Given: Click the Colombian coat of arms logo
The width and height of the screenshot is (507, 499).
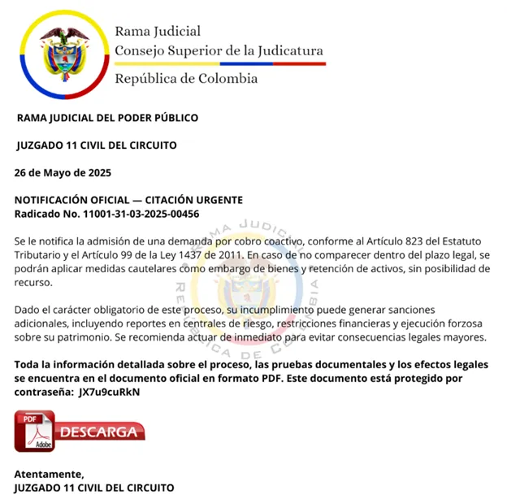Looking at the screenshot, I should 66,54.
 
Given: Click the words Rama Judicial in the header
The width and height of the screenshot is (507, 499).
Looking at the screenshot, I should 158,32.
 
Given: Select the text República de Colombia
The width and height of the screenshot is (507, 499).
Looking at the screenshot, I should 186,79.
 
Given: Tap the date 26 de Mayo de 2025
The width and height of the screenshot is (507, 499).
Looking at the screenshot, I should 63,173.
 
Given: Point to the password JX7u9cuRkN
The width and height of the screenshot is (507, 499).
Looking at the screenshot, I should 109,392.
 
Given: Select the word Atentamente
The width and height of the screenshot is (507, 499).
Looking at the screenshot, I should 49,474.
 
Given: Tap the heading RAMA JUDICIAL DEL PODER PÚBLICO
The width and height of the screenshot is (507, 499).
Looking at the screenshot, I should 107,118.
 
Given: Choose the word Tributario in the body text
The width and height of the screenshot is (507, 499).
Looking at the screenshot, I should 40,255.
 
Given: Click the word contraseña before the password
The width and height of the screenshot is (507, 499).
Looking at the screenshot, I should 43,392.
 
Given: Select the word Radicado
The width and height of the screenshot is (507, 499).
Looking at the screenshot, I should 40,214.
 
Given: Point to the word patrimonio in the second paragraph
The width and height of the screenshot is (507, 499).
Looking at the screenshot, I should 80,337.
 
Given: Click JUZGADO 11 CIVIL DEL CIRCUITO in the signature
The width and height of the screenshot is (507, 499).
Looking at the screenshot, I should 94,488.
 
